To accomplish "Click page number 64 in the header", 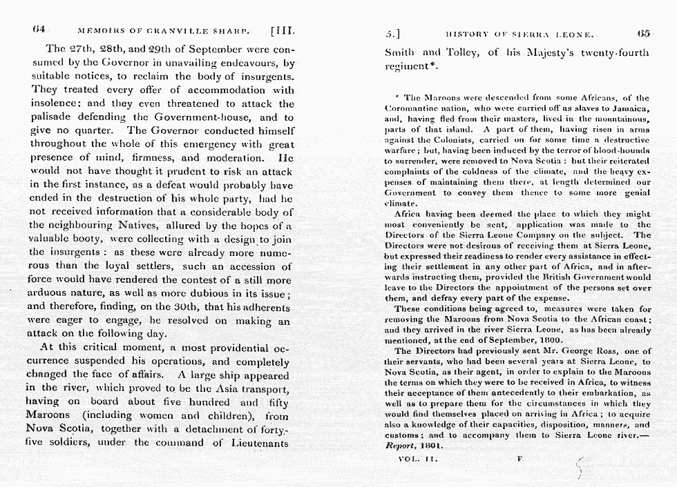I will pos(39,30).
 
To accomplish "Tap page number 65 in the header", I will pos(643,32).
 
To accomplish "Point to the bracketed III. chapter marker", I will pos(284,31).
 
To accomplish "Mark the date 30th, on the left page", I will pos(218,308).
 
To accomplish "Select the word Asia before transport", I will pos(223,388).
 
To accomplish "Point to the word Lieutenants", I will pos(260,442).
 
